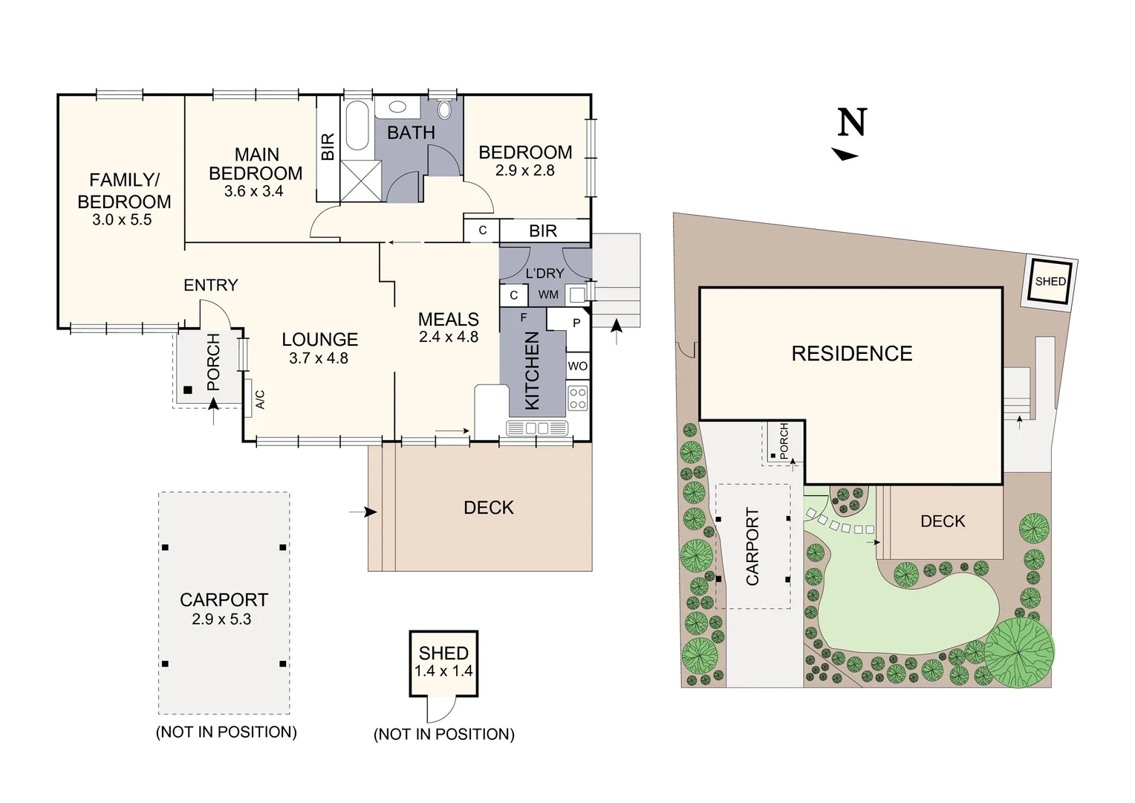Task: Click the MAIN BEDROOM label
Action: [x=256, y=164]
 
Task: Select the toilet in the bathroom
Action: [x=444, y=111]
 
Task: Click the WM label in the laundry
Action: [x=548, y=295]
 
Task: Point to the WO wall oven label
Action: [x=577, y=366]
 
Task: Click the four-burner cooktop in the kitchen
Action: [x=577, y=399]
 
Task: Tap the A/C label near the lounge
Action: [x=260, y=401]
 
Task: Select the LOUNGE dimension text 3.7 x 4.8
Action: [x=319, y=358]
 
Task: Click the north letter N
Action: [x=852, y=123]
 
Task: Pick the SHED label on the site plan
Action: [x=1050, y=282]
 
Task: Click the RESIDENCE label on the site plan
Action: [x=851, y=354]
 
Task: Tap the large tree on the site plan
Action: [x=1019, y=652]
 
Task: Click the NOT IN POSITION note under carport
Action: [x=226, y=732]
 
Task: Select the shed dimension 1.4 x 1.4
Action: [x=443, y=671]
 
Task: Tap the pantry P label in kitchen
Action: [x=576, y=323]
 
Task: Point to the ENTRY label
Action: [x=211, y=285]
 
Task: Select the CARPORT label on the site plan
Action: [x=752, y=546]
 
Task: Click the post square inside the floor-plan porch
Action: [x=188, y=390]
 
